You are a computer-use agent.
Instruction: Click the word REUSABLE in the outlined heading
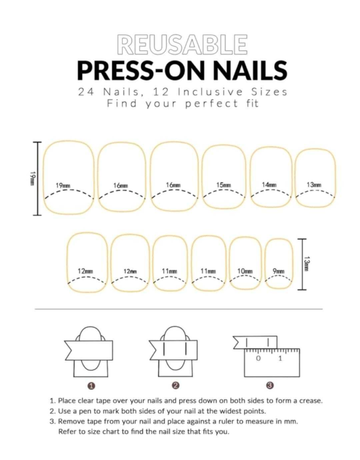[x=182, y=45]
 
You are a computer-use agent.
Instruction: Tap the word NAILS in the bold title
[x=250, y=71]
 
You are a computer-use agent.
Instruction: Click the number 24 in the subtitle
[x=87, y=92]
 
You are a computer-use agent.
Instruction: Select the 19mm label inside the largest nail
[x=63, y=186]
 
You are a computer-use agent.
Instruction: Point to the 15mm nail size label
[x=224, y=185]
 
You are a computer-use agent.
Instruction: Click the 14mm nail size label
[x=269, y=185]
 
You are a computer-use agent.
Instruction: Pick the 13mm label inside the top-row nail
[x=314, y=185]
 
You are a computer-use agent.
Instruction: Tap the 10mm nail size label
[x=245, y=271]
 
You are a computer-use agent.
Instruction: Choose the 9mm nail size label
[x=278, y=271]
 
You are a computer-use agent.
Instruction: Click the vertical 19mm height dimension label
[x=32, y=178]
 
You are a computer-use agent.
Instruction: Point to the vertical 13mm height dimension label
[x=307, y=264]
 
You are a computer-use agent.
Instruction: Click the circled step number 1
[x=91, y=386]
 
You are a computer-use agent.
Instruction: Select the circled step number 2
[x=176, y=386]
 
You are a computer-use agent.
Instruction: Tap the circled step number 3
[x=270, y=386]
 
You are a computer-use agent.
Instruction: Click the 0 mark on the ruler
[x=258, y=358]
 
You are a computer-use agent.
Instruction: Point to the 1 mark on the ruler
[x=280, y=358]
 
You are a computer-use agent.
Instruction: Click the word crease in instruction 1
[x=311, y=401]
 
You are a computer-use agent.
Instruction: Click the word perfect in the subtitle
[x=212, y=103]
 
